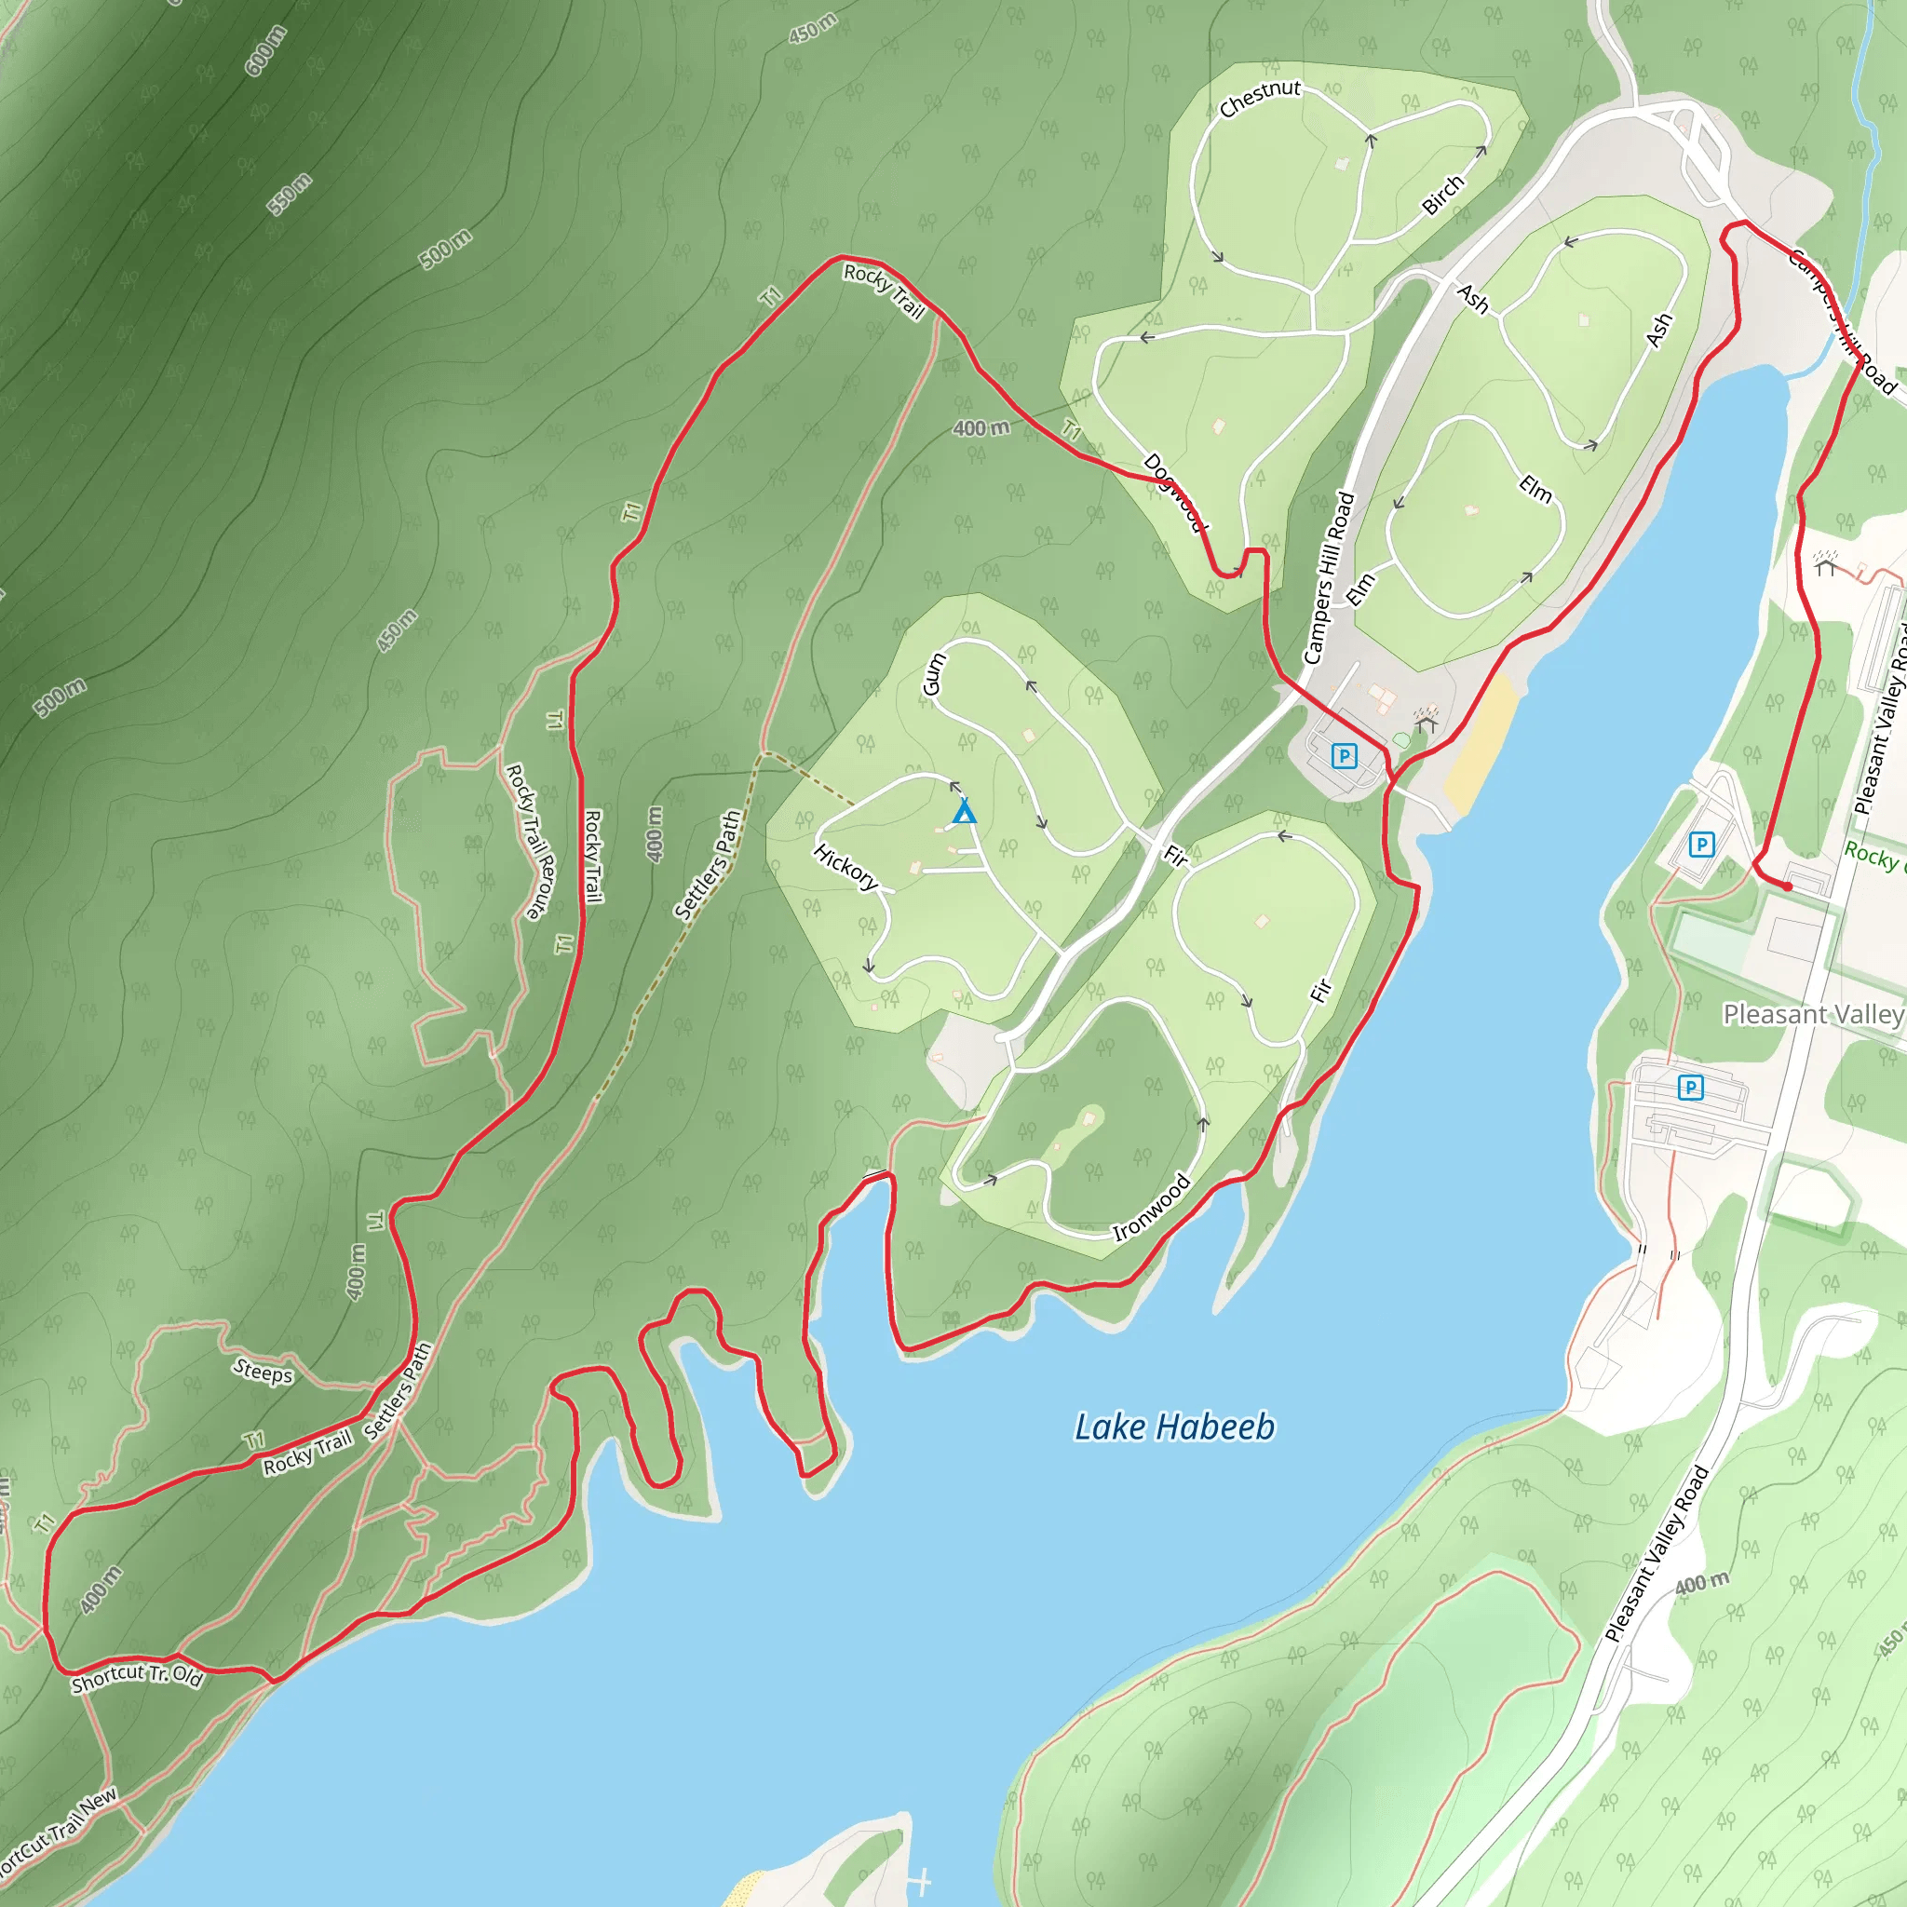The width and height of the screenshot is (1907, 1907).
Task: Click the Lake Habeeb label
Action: (x=1173, y=1427)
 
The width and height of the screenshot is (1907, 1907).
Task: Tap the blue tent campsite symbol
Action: (x=965, y=812)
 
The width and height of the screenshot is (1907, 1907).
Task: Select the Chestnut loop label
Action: (x=1260, y=98)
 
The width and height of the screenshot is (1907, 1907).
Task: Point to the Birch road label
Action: (x=1443, y=195)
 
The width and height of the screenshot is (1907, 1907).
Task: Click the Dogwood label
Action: (x=1174, y=492)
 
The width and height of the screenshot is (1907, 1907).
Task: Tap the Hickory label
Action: (x=845, y=867)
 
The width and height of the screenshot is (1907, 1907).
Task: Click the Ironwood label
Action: (x=1151, y=1207)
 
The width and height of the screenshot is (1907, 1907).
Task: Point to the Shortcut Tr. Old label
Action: (x=137, y=1678)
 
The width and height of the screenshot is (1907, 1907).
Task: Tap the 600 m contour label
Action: (x=265, y=50)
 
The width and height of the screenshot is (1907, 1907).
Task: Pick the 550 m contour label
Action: (x=290, y=194)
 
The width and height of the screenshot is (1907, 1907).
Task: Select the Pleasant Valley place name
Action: (x=1812, y=1014)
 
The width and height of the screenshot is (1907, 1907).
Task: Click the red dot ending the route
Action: (x=1787, y=886)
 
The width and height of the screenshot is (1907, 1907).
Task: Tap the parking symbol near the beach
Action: (x=1344, y=756)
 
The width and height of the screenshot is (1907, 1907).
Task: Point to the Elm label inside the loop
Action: (x=1535, y=488)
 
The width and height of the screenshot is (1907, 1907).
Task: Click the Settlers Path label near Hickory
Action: (x=707, y=866)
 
